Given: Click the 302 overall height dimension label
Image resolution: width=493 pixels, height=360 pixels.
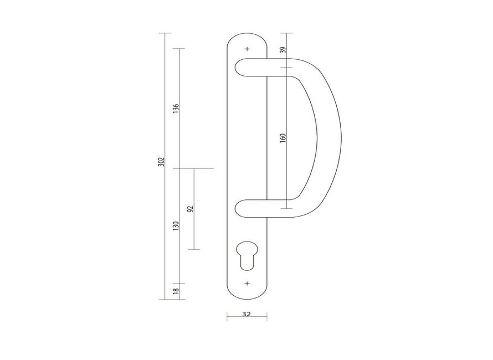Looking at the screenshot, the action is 161,162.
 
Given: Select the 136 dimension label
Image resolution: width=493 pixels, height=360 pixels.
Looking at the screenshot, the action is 176,109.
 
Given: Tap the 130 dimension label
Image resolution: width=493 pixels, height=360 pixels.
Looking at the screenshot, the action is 176,226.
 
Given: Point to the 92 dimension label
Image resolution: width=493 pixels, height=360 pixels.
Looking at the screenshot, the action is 190,209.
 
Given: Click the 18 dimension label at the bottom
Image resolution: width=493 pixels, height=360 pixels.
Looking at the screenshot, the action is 176,291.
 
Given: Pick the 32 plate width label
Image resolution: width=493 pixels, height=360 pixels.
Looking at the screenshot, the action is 247,314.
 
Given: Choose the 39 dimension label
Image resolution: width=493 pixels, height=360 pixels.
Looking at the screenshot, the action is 283,50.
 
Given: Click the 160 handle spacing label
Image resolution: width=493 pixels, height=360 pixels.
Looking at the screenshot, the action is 283,138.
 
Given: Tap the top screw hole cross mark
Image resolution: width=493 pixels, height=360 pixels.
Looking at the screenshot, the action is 248,49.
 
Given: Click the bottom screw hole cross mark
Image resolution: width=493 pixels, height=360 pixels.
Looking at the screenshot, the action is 247,283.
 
